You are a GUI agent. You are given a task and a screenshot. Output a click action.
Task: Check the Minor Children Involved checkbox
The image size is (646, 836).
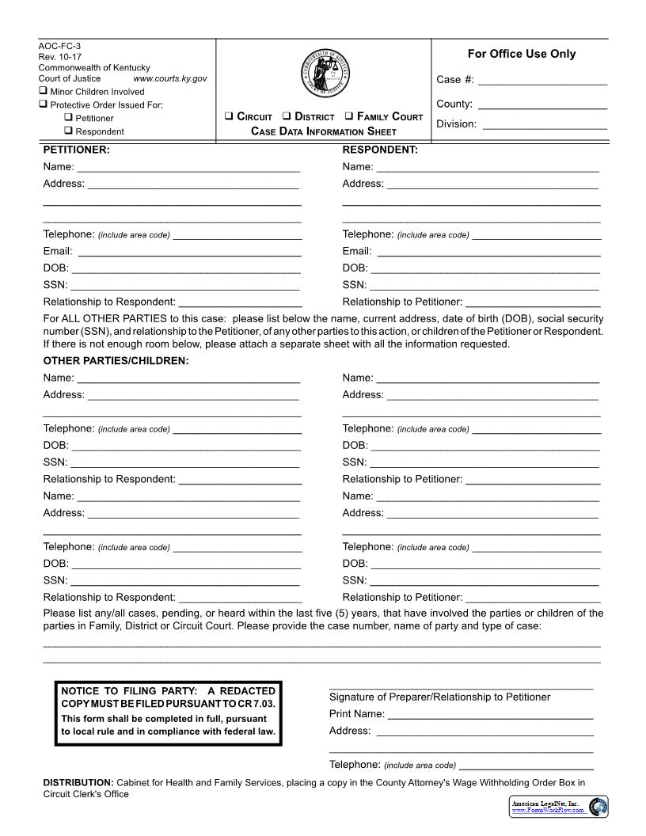(43, 91)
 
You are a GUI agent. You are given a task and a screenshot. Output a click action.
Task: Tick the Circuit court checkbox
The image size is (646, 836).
(228, 116)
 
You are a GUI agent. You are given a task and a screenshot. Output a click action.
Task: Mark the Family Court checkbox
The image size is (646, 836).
(349, 116)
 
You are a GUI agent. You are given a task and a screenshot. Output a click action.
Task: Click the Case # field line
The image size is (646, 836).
(542, 82)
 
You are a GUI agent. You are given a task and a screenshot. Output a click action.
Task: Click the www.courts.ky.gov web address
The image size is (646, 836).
(170, 78)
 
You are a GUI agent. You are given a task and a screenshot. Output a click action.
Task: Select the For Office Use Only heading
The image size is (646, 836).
(521, 54)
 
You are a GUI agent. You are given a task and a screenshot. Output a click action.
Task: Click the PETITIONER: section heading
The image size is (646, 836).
(76, 150)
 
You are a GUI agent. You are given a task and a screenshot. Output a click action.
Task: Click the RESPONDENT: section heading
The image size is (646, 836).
(379, 150)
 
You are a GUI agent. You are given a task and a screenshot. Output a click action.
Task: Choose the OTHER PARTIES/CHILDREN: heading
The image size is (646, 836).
(116, 361)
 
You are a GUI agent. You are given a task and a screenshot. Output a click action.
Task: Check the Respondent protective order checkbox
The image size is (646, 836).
(68, 131)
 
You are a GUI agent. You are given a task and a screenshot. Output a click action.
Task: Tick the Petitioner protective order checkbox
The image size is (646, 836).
(68, 118)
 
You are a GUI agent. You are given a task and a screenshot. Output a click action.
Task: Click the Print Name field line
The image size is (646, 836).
(490, 716)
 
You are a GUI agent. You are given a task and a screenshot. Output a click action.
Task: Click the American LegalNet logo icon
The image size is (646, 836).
(598, 807)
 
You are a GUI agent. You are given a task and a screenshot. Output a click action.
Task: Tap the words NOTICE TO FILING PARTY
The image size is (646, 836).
(125, 691)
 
